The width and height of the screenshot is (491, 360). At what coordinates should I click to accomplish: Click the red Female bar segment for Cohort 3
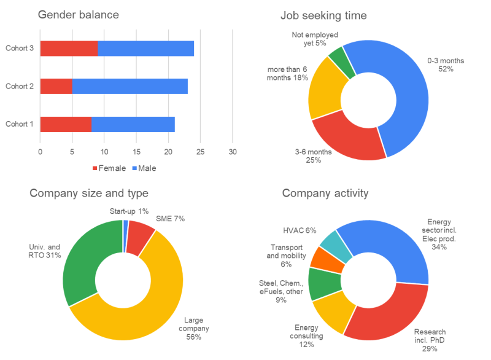69,49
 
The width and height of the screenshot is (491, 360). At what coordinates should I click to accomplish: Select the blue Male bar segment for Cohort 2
130,86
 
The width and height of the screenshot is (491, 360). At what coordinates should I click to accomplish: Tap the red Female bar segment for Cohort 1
66,124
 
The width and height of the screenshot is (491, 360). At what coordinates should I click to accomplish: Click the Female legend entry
109,168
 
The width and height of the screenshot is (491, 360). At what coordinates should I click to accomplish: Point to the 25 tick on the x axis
200,151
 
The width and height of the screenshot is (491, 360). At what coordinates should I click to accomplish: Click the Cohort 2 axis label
20,86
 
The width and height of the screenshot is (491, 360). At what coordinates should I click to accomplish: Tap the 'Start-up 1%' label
130,211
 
